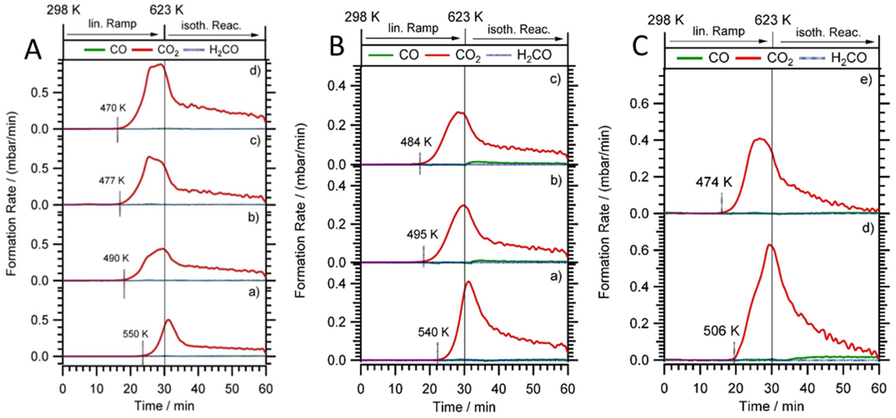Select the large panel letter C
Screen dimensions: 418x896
[641, 47]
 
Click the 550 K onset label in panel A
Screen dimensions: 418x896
[135, 334]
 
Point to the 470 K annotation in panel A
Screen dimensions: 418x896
[113, 108]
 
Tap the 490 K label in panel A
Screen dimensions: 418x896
[116, 258]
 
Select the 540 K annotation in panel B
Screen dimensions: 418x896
[433, 333]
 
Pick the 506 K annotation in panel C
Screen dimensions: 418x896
[721, 331]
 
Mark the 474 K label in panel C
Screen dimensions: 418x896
[714, 182]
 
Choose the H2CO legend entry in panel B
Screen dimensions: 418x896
[534, 55]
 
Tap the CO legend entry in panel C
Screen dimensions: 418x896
[718, 58]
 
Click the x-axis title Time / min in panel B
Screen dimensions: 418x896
[464, 407]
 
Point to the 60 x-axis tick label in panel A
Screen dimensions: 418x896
[266, 388]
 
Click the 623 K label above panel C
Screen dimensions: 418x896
[773, 20]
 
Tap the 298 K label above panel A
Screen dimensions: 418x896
[63, 10]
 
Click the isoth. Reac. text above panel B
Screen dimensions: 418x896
[518, 30]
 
